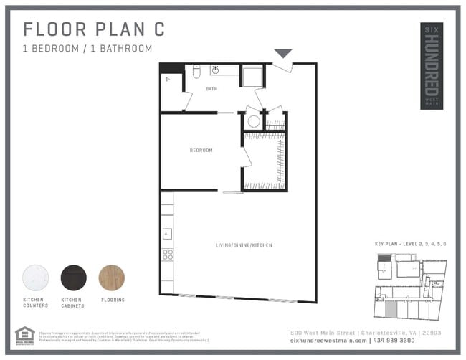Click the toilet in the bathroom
[196, 72]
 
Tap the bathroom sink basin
[214, 71]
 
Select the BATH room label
[211, 89]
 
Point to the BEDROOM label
[201, 150]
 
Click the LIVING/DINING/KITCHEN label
[244, 245]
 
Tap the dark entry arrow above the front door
[284, 53]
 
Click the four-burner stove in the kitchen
[167, 254]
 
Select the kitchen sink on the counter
[166, 233]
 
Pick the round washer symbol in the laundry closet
[253, 121]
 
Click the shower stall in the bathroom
[252, 76]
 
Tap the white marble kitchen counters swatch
[35, 278]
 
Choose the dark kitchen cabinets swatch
[73, 278]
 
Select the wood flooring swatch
[111, 278]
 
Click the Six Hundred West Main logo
[432, 65]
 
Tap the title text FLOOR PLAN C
[94, 29]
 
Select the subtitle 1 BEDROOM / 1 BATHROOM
[87, 49]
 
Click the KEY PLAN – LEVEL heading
[411, 245]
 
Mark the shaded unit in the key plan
[391, 309]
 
